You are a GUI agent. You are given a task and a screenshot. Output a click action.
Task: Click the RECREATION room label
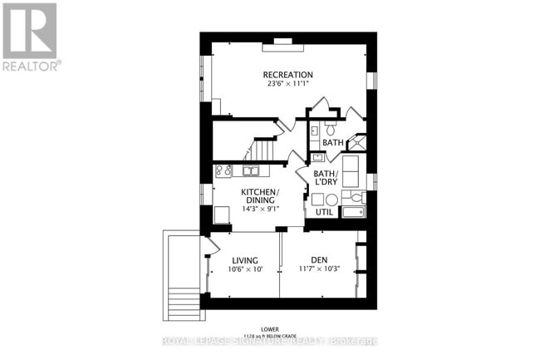(x=287, y=72)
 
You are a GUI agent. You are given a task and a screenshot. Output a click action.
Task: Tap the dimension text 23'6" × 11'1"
(x=287, y=83)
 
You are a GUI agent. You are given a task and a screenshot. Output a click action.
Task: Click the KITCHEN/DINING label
(x=260, y=196)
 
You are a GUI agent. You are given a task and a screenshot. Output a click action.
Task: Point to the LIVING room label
(x=244, y=259)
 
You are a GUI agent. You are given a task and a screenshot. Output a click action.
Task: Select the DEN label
(x=319, y=259)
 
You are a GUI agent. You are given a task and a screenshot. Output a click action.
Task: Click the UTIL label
(x=323, y=213)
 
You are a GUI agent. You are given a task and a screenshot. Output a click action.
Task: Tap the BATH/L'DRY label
(x=326, y=177)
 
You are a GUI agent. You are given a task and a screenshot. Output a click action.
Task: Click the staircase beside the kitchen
(x=261, y=150)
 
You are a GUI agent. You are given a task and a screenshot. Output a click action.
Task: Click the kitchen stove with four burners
(x=223, y=171)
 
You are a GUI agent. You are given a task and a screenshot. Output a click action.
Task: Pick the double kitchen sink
(x=250, y=171)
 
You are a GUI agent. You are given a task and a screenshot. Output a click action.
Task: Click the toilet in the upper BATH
(x=331, y=129)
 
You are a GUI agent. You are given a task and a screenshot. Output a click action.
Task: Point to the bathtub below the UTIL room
(x=354, y=212)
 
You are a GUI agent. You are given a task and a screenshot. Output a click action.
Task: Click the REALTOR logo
(x=30, y=37)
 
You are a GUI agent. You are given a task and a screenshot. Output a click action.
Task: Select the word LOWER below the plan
(x=268, y=328)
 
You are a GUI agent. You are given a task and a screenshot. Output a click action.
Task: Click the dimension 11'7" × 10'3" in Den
(x=319, y=269)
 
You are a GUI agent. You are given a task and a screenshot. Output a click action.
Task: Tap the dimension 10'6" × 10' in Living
(x=244, y=269)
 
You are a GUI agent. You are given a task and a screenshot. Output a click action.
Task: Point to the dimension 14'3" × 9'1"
(x=260, y=208)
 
